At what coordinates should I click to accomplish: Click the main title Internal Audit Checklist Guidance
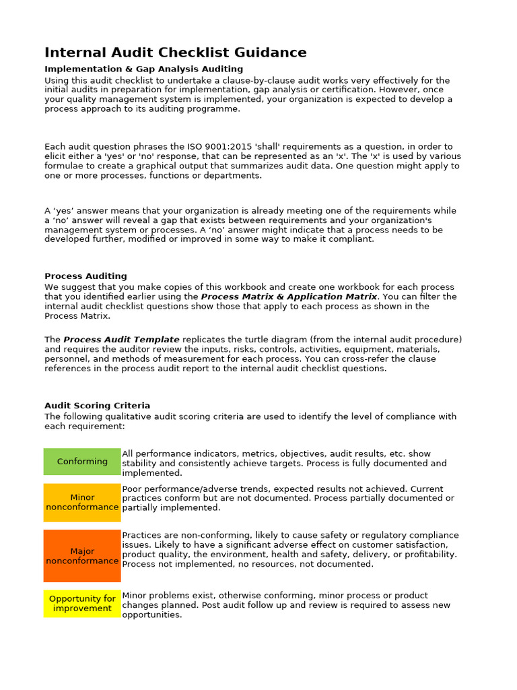(x=175, y=53)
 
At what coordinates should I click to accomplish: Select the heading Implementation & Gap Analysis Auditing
(x=143, y=69)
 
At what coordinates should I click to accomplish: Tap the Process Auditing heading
(x=85, y=276)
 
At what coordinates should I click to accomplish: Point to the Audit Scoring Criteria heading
(x=97, y=406)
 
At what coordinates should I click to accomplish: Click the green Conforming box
(x=82, y=462)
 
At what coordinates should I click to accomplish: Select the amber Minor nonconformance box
(x=82, y=502)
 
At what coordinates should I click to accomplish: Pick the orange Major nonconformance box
(x=82, y=556)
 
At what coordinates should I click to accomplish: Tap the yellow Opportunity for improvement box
(x=82, y=603)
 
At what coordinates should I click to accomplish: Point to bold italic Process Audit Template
(x=121, y=340)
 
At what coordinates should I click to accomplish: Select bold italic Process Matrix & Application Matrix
(x=289, y=296)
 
